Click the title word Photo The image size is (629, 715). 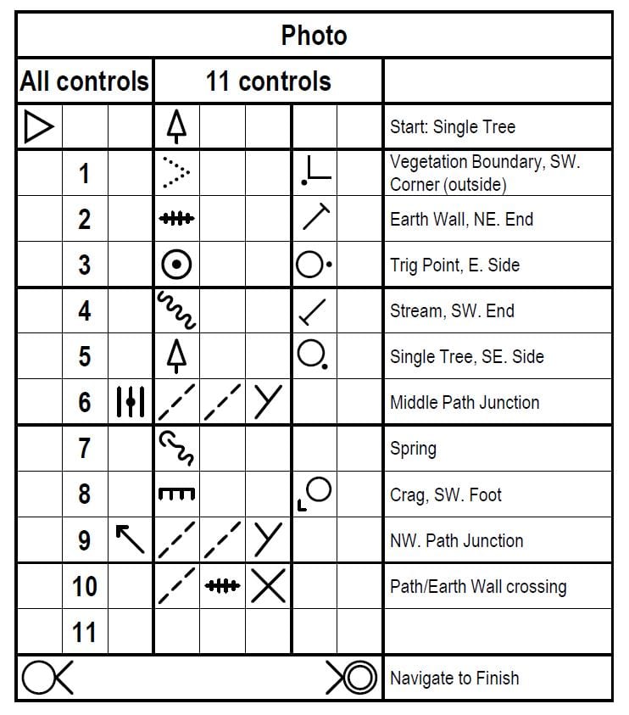click(x=314, y=36)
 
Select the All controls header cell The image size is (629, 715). click(x=85, y=81)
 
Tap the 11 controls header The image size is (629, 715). click(x=268, y=81)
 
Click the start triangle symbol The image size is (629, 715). click(x=38, y=127)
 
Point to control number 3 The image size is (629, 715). click(x=85, y=265)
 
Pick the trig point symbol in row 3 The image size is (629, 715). click(x=176, y=265)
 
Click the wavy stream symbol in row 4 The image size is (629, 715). click(x=176, y=310)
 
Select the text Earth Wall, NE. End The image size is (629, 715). click(x=461, y=219)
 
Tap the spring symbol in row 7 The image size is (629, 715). click(x=176, y=448)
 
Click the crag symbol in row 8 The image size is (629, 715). click(x=176, y=494)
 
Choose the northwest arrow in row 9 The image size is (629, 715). click(x=130, y=539)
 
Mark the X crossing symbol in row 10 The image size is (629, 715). click(x=268, y=586)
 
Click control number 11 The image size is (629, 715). click(x=85, y=632)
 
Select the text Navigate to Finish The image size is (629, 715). click(x=454, y=678)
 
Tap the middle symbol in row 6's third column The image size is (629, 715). click(x=131, y=402)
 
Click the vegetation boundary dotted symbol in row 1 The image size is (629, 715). click(x=176, y=173)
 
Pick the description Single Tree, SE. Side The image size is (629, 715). click(x=466, y=356)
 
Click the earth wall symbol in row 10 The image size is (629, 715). click(x=222, y=586)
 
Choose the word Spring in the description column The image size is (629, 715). click(x=413, y=448)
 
